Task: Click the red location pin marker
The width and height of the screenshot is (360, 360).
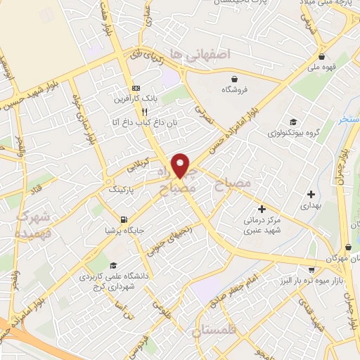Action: pyautogui.click(x=181, y=165)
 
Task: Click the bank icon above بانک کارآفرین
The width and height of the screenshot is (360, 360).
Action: pyautogui.click(x=136, y=89)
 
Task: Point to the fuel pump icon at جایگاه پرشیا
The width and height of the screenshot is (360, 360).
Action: pyautogui.click(x=124, y=219)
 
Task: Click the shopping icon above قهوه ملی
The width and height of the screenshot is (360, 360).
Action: pyautogui.click(x=322, y=57)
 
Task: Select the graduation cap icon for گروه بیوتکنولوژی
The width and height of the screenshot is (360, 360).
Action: pyautogui.click(x=292, y=122)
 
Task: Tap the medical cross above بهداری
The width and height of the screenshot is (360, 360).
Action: pyautogui.click(x=311, y=193)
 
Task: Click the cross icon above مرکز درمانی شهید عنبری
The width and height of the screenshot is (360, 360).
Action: pyautogui.click(x=262, y=209)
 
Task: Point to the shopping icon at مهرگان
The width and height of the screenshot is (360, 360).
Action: pyautogui.click(x=349, y=247)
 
